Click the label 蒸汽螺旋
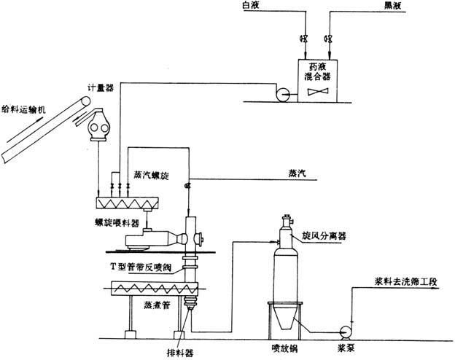[x=149, y=175]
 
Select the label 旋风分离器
[x=323, y=237]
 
